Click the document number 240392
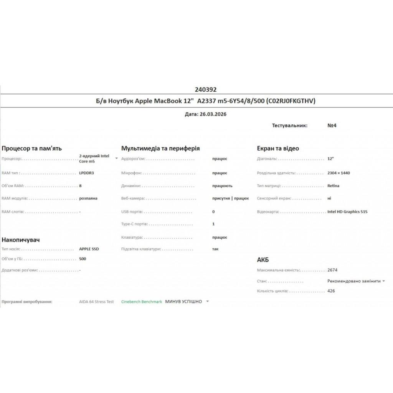[x=206, y=90]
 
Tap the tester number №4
[x=332, y=125]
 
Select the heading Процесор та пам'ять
[x=32, y=149]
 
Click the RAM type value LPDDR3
[x=86, y=173]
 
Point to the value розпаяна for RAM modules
[x=88, y=198]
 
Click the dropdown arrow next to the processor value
[x=117, y=158]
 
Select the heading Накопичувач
[x=21, y=240]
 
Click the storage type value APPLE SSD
[x=89, y=249]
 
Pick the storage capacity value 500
[x=83, y=259]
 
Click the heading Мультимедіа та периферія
[x=160, y=149]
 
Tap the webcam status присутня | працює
[x=230, y=198]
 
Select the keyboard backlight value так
[x=215, y=249]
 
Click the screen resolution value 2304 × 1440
[x=339, y=173]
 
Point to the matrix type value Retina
[x=334, y=186]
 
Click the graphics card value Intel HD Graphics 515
[x=347, y=211]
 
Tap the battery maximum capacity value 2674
[x=333, y=270]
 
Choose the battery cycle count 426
[x=331, y=291]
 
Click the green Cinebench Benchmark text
[x=142, y=302]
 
